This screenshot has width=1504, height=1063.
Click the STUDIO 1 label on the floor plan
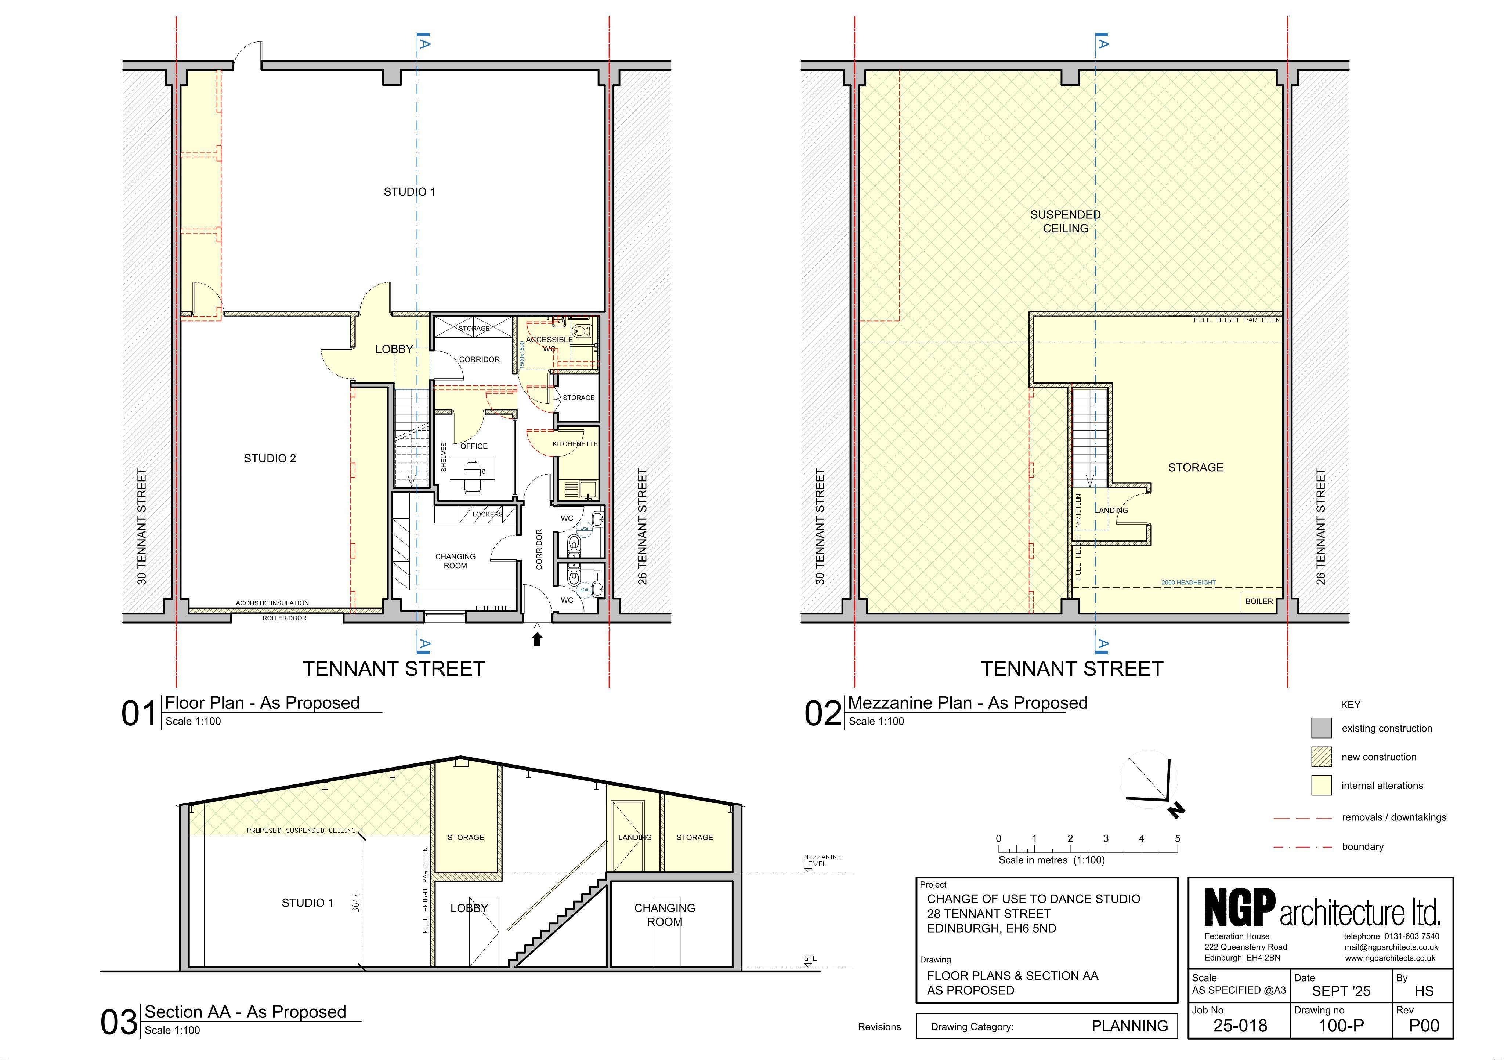tap(409, 192)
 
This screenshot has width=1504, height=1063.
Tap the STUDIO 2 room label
tap(270, 458)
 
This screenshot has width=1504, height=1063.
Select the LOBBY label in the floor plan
tap(394, 349)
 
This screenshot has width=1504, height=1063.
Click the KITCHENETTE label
tap(575, 444)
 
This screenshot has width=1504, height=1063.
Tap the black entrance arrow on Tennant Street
tap(537, 639)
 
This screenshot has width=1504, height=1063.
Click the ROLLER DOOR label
tap(284, 618)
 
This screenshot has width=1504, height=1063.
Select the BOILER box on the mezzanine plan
tap(1259, 601)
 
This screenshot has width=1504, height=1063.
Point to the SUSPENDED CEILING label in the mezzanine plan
tap(1066, 221)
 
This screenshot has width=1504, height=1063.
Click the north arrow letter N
tap(1176, 811)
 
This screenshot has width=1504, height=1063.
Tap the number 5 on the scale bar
tap(1178, 838)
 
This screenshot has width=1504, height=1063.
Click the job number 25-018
tap(1240, 1026)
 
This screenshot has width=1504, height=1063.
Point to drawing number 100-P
tap(1341, 1026)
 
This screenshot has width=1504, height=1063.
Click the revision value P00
tap(1424, 1026)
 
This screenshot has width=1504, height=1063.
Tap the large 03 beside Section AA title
tap(119, 1022)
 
